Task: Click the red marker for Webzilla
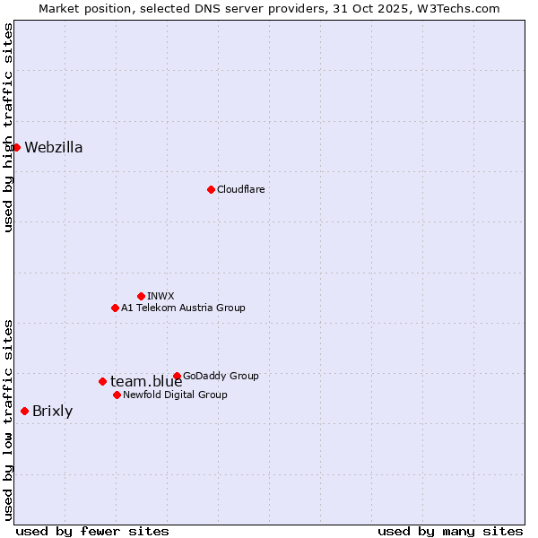pos(16,147)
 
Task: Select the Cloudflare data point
pos(211,189)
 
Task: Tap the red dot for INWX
pos(141,296)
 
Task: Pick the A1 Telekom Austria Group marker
pos(115,308)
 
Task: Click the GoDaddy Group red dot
pos(177,376)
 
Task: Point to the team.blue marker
pos(102,381)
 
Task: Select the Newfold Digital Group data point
pos(117,395)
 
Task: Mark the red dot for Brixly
pos(24,411)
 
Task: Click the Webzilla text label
pos(54,148)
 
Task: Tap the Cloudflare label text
pos(240,189)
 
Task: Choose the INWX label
pos(161,296)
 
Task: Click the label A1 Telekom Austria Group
pos(183,308)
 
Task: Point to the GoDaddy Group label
pos(221,376)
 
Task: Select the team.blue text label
pos(146,382)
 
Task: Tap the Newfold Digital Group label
pos(175,395)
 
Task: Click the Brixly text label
pos(52,412)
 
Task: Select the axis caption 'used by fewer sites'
pos(92,531)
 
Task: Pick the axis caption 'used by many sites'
pos(450,531)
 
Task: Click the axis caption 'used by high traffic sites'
pos(8,127)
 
